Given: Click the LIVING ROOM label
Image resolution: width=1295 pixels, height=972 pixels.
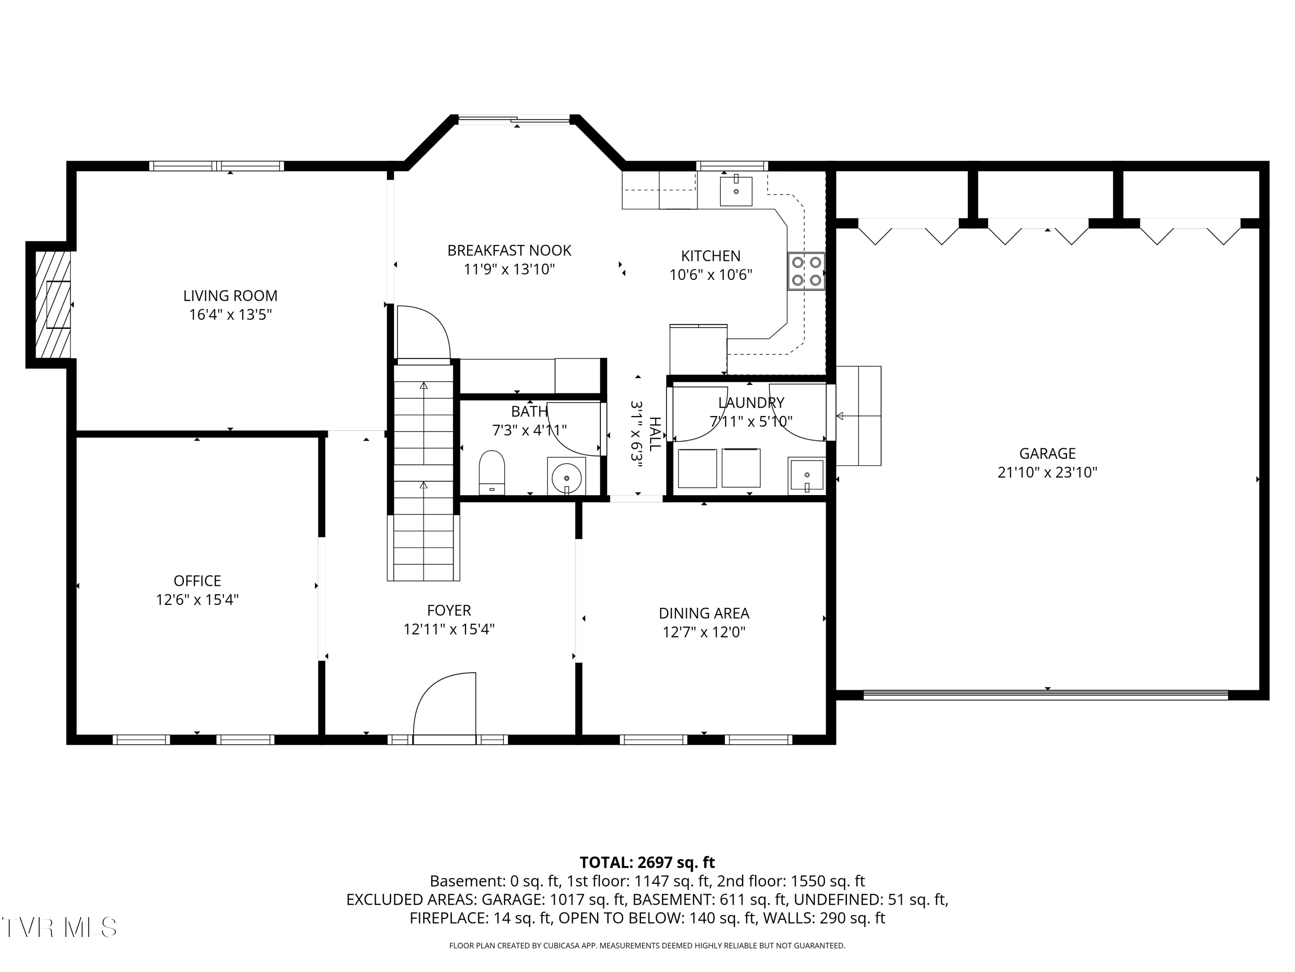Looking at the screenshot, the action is point(230,296).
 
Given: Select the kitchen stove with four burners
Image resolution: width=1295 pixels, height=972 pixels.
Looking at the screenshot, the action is point(806,271).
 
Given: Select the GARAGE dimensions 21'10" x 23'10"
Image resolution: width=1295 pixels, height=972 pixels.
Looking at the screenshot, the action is point(1047,472).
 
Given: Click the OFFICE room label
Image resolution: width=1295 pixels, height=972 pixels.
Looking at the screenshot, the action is point(197,581).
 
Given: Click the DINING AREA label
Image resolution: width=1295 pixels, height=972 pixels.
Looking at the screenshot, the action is point(704,613).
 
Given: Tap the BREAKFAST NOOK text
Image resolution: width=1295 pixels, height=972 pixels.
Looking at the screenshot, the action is point(509,250).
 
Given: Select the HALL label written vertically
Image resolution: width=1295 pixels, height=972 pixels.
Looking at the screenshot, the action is point(654,434).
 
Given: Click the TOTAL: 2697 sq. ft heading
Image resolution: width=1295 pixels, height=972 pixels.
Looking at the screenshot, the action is point(647,862).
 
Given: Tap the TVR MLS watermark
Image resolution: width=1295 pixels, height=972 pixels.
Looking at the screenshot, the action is point(59,928).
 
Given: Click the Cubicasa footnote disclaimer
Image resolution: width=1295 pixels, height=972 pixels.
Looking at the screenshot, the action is point(647,945).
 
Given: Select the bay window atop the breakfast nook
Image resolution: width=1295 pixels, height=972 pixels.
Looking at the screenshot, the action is point(513,120).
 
